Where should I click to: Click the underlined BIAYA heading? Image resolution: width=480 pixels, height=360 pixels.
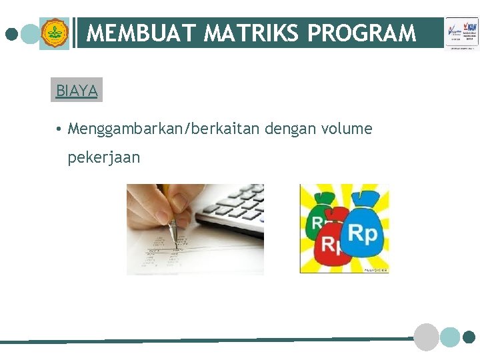77,91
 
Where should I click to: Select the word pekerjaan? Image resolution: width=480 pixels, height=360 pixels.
103,157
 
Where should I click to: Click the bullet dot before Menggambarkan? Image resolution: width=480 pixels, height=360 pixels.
59,128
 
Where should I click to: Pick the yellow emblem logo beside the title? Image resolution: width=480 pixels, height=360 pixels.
54,33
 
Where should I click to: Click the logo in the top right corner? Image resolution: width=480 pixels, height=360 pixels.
462,33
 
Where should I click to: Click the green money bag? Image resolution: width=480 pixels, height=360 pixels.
319,213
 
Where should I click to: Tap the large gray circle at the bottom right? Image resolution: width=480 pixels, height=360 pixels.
427,337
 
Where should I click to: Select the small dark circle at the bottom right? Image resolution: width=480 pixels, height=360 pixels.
469,337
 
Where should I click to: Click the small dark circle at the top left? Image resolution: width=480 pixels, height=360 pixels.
11,33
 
